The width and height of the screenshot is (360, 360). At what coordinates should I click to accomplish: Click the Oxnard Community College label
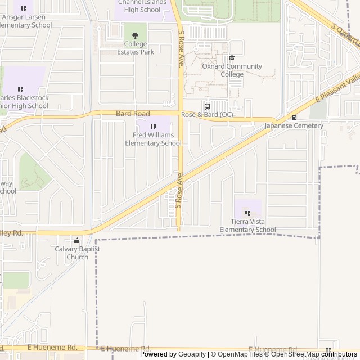pos(232,70)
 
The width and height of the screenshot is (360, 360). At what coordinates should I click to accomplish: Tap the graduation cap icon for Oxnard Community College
pos(232,57)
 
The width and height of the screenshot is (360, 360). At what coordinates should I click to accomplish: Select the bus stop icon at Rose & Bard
pos(207,106)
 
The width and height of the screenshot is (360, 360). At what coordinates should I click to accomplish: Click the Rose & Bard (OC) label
pos(207,115)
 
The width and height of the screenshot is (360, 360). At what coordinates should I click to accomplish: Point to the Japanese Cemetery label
pos(294,125)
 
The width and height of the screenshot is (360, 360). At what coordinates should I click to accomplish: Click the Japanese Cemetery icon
pos(294,117)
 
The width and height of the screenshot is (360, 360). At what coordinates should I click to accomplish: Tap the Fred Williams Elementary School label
pos(153,139)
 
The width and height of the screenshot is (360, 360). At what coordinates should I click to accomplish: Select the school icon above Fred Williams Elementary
pos(153,127)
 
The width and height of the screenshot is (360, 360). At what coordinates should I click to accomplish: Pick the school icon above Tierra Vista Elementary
pos(247,213)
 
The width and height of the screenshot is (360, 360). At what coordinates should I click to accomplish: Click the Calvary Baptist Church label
pos(78,253)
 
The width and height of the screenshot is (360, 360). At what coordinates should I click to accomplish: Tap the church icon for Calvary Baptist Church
pos(78,241)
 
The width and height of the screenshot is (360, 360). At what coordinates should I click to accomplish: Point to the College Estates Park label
pos(135,48)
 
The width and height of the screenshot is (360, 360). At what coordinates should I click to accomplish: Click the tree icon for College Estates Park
pos(135,35)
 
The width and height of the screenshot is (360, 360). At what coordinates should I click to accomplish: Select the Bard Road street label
pos(133,114)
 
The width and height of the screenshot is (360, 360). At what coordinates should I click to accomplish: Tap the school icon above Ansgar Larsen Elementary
pos(24,8)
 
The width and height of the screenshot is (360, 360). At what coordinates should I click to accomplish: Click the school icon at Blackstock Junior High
pos(21,89)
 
